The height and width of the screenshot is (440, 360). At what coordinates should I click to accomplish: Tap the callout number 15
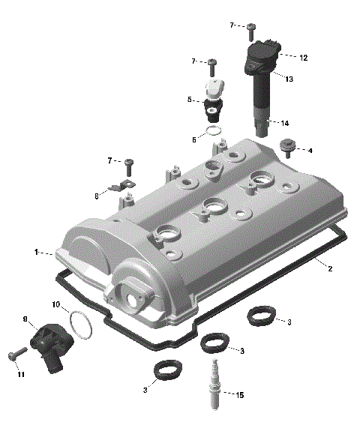coord(239,395)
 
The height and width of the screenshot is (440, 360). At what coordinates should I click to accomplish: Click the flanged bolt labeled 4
coord(286,147)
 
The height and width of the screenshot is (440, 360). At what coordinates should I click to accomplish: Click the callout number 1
coord(35,252)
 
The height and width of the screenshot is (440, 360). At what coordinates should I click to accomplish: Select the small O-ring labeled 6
coord(214,132)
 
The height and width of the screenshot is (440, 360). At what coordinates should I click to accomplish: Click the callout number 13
coord(289,78)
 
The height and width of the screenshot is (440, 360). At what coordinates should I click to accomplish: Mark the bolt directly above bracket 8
coord(128,163)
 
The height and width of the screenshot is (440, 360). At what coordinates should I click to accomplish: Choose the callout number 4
coord(310,151)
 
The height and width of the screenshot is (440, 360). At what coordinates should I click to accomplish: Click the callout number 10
coord(55,304)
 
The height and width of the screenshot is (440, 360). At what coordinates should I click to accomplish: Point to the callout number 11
coord(20,373)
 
